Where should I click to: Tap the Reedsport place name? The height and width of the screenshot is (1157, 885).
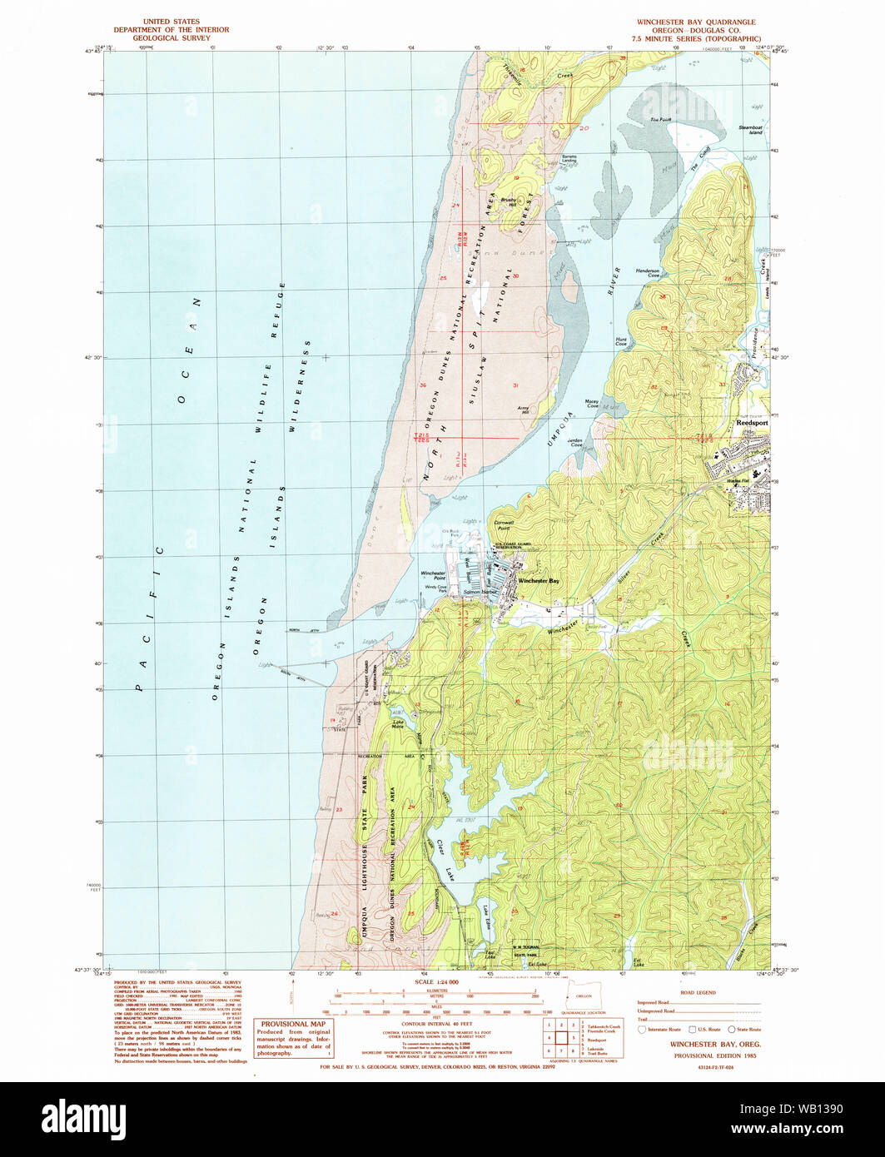tap(753, 423)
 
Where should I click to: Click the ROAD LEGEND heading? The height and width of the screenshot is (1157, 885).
tap(699, 992)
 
